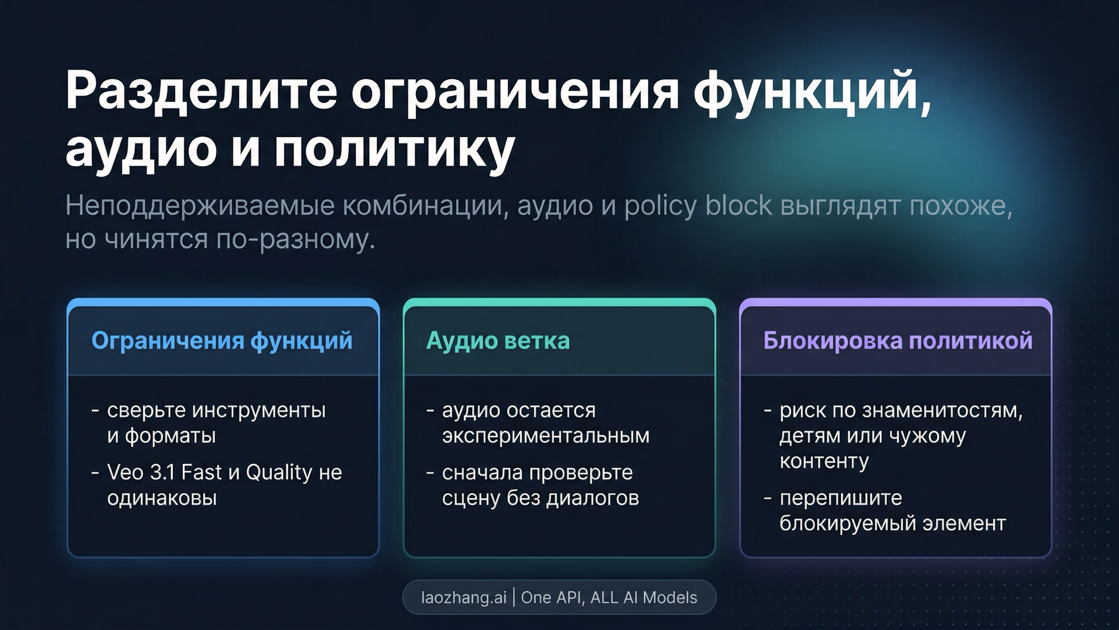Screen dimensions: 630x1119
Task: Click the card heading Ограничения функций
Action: [x=222, y=341]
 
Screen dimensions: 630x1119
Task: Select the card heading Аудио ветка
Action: [x=497, y=341]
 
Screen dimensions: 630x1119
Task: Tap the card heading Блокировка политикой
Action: [x=898, y=341]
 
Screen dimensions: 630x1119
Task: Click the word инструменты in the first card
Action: [x=259, y=411]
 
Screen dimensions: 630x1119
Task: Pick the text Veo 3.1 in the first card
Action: [x=141, y=472]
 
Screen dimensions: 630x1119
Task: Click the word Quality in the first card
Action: [x=279, y=472]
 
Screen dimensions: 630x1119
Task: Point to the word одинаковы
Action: [x=162, y=498]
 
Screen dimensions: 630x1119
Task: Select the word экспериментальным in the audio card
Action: [x=546, y=436]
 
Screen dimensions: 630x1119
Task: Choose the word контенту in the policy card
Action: [x=824, y=461]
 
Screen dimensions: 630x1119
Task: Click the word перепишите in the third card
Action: [x=841, y=498]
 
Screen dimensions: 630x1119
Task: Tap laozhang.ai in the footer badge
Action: [x=463, y=597]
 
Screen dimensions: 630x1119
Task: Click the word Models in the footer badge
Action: [x=670, y=597]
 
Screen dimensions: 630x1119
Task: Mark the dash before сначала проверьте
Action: [x=430, y=473]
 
